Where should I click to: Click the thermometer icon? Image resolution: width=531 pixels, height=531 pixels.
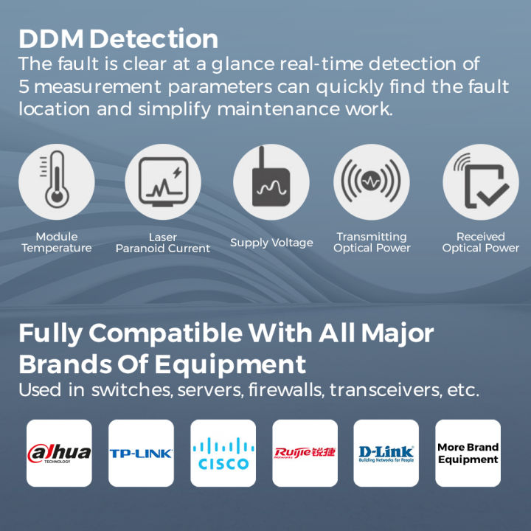pos(57,179)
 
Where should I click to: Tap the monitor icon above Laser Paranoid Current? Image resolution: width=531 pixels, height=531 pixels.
pos(163,182)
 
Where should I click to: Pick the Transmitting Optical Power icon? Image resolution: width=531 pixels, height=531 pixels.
pos(372,181)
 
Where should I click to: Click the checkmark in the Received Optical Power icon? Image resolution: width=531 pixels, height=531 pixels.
pos(493,195)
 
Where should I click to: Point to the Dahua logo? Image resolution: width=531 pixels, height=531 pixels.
pos(59,453)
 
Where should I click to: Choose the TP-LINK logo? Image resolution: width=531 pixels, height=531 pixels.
pos(141,454)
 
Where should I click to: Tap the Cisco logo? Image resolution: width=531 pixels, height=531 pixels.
pos(223,454)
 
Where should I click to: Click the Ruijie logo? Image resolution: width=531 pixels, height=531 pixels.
pos(305,453)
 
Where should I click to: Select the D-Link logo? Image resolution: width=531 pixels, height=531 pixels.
pos(386,454)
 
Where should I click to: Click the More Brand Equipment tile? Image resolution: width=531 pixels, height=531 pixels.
pos(468,453)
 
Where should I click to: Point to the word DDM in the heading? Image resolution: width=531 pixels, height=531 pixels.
pos(51,39)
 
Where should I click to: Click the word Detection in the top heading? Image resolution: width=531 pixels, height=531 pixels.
pos(153,39)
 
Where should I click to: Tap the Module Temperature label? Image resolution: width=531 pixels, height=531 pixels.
pos(57,242)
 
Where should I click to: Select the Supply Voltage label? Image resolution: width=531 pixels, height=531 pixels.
pos(271,243)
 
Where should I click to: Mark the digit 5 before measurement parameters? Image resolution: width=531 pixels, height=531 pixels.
pos(24,86)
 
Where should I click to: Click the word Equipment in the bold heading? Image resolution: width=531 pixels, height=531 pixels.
pos(230,365)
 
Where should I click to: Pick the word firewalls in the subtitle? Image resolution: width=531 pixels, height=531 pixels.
pos(285,390)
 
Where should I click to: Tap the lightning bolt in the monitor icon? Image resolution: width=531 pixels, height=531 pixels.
pos(177,173)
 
